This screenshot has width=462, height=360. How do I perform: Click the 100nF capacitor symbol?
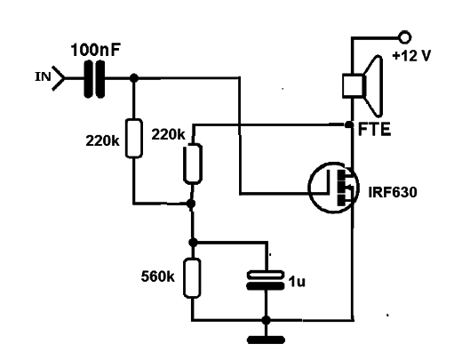[x=94, y=79]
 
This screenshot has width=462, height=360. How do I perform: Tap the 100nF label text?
[x=95, y=51]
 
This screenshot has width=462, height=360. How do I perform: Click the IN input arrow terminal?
[x=59, y=78]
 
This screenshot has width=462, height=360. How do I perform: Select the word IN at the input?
[x=44, y=76]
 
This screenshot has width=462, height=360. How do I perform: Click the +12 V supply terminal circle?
[x=405, y=37]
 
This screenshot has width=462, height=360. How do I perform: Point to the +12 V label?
[x=411, y=55]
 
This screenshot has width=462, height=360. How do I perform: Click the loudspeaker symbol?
[x=362, y=85]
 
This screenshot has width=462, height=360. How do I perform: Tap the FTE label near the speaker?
[x=374, y=129]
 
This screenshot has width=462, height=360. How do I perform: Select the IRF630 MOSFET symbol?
[x=334, y=188]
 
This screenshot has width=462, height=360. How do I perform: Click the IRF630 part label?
[x=393, y=192]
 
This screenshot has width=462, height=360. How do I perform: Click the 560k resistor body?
[x=192, y=278]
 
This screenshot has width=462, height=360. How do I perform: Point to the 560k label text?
[x=157, y=276]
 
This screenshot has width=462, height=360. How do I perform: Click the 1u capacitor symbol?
[x=266, y=280]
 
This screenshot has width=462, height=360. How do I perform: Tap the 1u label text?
[x=297, y=282]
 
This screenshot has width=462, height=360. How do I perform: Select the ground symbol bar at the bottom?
[x=266, y=340]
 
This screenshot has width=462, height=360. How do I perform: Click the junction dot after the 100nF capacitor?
[x=134, y=78]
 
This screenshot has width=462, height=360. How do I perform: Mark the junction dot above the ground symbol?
[x=266, y=320]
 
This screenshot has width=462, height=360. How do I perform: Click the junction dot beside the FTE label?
[x=349, y=124]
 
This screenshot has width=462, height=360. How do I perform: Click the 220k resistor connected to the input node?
[x=134, y=138]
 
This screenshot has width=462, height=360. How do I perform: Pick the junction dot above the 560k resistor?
[x=193, y=243]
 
